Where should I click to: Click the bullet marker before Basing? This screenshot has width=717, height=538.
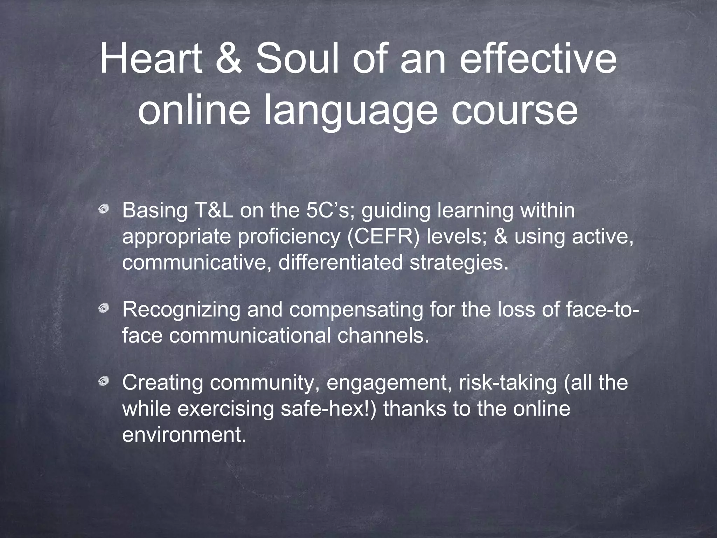click(103, 211)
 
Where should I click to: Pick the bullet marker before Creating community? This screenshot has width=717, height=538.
click(103, 381)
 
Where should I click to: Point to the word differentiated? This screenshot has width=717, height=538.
click(340, 263)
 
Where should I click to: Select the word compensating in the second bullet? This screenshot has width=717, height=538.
click(356, 310)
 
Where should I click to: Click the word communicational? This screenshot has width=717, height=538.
click(250, 336)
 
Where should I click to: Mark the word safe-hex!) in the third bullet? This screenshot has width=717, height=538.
click(329, 408)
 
